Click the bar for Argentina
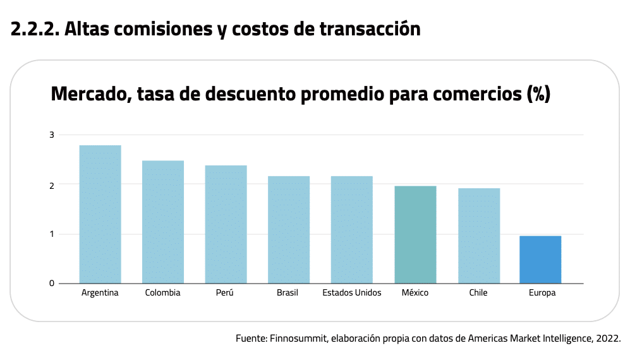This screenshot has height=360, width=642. [x=100, y=214]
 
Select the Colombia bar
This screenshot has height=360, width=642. [x=163, y=222]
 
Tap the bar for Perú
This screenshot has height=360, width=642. [x=226, y=224]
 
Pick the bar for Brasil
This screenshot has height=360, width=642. [x=289, y=229]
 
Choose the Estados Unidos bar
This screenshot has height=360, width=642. [x=352, y=229]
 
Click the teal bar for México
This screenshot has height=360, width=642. [x=415, y=234]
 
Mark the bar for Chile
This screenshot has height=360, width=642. [x=479, y=236]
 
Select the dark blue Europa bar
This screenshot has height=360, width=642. [x=540, y=260]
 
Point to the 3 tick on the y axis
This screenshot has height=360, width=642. [x=52, y=135]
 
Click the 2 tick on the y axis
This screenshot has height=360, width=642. [x=52, y=184]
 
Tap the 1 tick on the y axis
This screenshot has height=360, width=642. [x=52, y=234]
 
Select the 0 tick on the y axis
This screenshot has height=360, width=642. [x=52, y=283]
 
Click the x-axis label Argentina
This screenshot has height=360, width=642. [x=100, y=293]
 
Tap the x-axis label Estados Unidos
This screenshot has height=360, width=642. [x=352, y=293]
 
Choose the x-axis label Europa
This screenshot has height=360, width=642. [x=542, y=293]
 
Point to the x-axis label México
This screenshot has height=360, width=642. [x=415, y=293]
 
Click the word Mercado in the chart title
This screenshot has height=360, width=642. [x=88, y=95]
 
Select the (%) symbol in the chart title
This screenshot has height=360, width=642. [x=538, y=95]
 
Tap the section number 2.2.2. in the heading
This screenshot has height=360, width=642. [x=35, y=29]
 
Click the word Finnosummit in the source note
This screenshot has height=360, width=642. [x=296, y=339]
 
